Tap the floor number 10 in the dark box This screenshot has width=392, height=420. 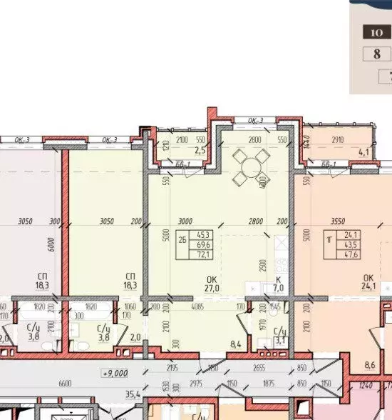click(x=376, y=32)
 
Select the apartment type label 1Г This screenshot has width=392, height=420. click(x=329, y=241)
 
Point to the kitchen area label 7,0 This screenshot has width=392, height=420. click(x=279, y=289)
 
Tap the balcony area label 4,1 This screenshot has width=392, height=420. click(x=363, y=151)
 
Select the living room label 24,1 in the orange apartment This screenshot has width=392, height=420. click(x=369, y=289)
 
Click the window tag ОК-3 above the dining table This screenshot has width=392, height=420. click(x=255, y=120)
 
